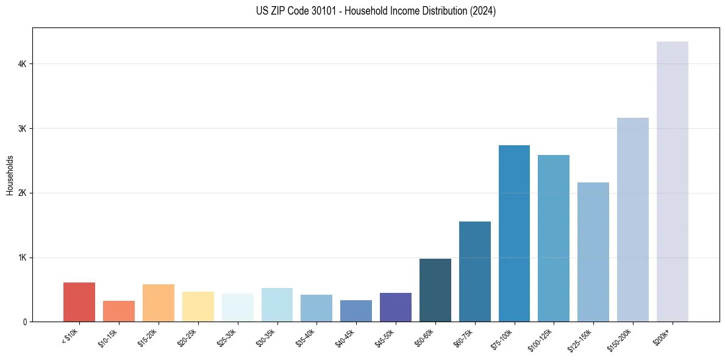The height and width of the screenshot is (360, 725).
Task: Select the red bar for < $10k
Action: pyautogui.click(x=79, y=302)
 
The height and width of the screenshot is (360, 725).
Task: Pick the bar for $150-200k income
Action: pyautogui.click(x=633, y=220)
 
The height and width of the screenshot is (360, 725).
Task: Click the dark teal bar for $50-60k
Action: pyautogui.click(x=435, y=290)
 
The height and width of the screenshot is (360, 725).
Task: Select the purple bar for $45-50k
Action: pyautogui.click(x=396, y=307)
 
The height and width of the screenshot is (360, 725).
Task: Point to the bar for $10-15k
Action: pyautogui.click(x=119, y=311)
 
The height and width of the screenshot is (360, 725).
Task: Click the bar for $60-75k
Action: pyautogui.click(x=475, y=272)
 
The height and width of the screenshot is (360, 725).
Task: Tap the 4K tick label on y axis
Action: pyautogui.click(x=22, y=64)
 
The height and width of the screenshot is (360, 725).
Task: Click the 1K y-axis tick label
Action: pyautogui.click(x=22, y=257)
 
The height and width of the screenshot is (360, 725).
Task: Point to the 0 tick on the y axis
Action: pyautogui.click(x=24, y=322)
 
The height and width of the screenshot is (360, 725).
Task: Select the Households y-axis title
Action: pyautogui.click(x=10, y=175)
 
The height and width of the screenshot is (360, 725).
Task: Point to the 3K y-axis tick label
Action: pyautogui.click(x=22, y=129)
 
